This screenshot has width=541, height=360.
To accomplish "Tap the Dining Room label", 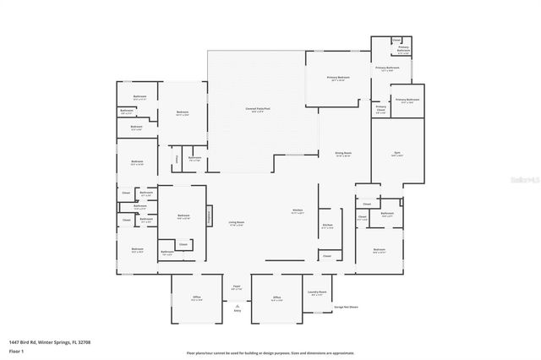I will click(342, 154).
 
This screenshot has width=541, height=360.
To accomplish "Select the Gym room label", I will click(396, 153).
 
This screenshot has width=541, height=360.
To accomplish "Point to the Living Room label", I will click(236, 223).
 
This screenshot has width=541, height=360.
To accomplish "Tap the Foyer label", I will click(237, 287).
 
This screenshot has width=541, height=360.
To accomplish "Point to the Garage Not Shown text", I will click(346, 307).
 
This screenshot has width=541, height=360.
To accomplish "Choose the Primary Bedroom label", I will click(338, 78).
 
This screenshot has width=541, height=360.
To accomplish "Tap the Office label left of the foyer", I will click(195, 297).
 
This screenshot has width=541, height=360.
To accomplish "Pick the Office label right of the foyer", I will click(276, 297).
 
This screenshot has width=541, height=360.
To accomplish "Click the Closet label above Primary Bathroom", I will click(396, 40).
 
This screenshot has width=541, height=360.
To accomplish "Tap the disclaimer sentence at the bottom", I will click(270, 352).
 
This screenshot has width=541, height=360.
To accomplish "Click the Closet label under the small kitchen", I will click(327, 255).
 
